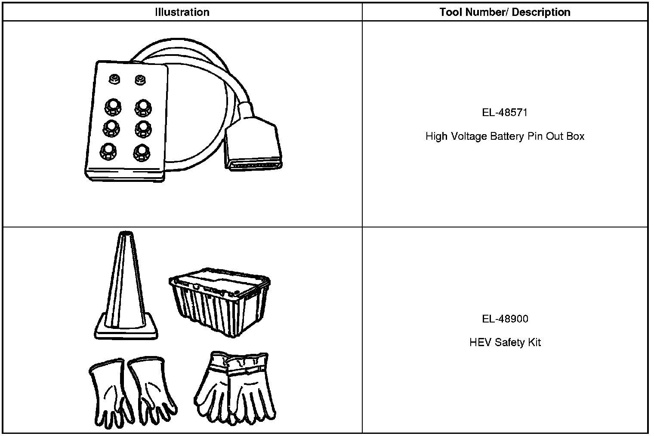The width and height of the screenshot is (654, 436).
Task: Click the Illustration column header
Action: coord(182,12)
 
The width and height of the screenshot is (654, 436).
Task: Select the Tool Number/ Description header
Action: coord(505,12)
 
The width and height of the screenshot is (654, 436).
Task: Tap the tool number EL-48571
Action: coord(505,113)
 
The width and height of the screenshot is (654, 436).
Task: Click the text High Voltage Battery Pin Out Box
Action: coord(505,136)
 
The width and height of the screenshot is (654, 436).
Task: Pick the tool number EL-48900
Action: coord(505,319)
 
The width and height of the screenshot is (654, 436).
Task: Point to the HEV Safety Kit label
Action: coord(505,343)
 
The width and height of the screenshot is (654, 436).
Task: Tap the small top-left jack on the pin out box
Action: coord(114,79)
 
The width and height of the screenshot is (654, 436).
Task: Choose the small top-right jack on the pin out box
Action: coord(140,79)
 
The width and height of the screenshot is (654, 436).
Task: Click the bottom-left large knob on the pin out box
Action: coord(108,150)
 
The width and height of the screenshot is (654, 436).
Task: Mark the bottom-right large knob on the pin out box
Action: coord(142,151)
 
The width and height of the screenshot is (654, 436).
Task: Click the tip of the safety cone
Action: coord(125,235)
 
